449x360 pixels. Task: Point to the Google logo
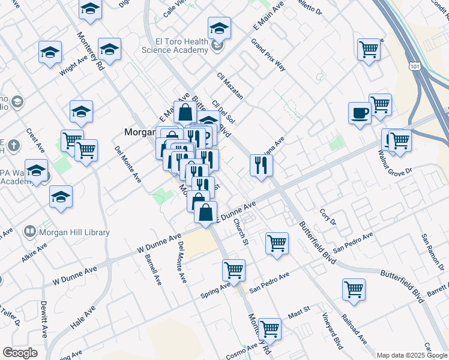[x=19, y=353]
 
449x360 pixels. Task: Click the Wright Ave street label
[x=73, y=67]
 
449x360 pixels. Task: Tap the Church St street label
[x=241, y=231]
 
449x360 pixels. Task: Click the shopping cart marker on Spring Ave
[x=234, y=270]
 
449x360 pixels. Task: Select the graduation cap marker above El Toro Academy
[x=219, y=28]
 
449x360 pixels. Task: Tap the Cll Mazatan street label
[x=230, y=86]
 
